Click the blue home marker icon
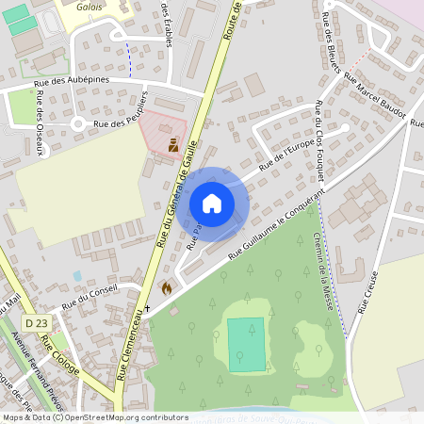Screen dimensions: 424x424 tap(212, 204)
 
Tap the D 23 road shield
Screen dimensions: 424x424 tap(37, 322)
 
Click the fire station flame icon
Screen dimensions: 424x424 tap(167, 286)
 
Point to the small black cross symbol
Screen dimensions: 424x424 tap(147, 307)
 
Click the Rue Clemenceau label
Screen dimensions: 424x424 tap(131, 344)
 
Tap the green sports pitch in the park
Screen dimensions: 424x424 tap(247, 343)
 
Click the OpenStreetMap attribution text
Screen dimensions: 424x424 tap(94, 417)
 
